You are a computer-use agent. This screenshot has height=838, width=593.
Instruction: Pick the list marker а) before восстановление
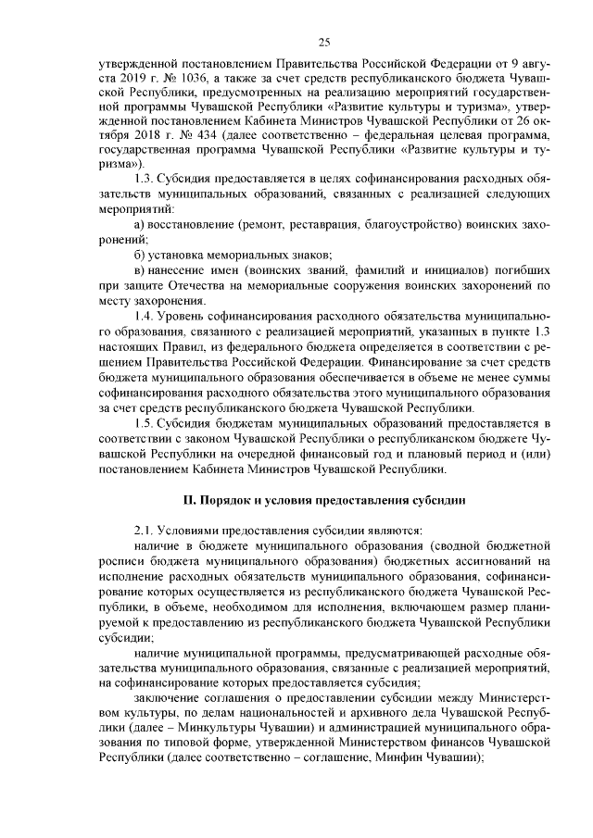pyautogui.click(x=140, y=225)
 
